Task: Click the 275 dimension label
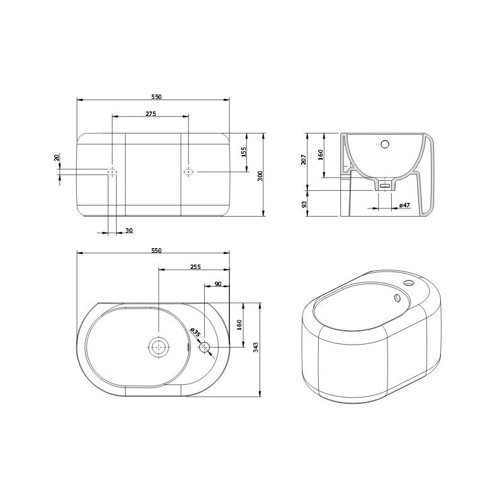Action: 151,114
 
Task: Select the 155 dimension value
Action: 244,152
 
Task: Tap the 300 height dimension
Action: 260,176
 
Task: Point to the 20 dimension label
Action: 57,157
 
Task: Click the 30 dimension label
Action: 129,231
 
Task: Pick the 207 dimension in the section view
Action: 304,159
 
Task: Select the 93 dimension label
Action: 304,204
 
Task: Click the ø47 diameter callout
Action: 404,205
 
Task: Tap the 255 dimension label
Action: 195,266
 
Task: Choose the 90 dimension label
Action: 218,284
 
